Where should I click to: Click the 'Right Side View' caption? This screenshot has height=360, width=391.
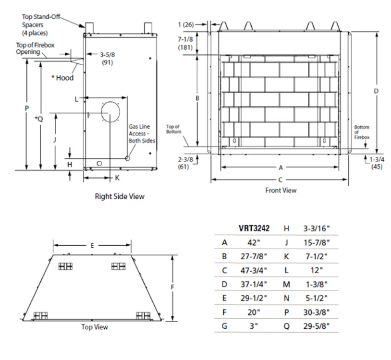[120, 196]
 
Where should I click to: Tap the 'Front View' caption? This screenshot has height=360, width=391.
[281, 190]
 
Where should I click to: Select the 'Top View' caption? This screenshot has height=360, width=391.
[95, 327]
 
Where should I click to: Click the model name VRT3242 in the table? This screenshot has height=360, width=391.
[254, 229]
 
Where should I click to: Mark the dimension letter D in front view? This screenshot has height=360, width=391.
[377, 91]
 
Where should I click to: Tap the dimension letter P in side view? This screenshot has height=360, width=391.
[27, 108]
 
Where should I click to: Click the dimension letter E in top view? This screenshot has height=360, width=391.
[92, 245]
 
